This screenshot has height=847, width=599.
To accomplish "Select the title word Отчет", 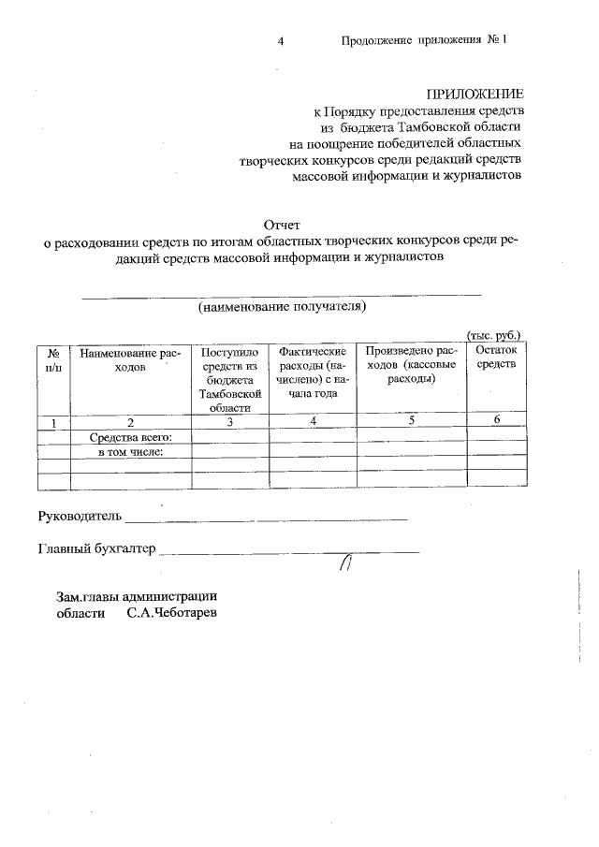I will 281,225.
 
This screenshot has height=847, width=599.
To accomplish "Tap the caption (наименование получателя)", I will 281,306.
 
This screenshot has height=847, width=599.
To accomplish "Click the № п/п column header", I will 54,361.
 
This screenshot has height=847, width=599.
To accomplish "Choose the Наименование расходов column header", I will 130,361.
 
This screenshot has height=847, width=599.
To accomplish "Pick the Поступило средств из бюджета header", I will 229,379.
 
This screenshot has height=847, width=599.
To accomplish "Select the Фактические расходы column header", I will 313,372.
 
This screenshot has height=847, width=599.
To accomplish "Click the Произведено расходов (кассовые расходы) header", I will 411,365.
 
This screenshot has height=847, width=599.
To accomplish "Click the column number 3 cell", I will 229,422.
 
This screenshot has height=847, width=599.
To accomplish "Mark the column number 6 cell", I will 497,420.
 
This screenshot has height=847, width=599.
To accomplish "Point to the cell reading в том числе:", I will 131,452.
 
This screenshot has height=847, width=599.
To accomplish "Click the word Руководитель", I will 80,515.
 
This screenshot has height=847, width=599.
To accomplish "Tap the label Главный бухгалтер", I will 96,548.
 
